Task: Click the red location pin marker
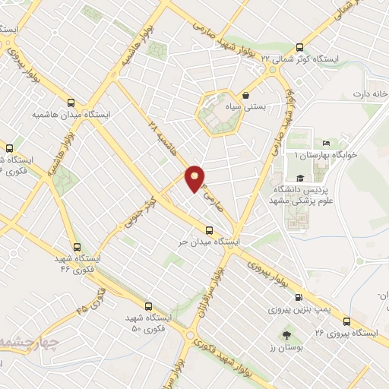pos(196,178)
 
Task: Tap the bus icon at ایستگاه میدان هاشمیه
pos(71,103)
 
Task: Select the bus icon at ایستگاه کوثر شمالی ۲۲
pos(299,46)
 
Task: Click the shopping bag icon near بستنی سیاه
pos(247,96)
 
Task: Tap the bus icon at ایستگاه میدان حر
pos(209,230)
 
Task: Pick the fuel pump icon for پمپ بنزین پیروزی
pos(299,298)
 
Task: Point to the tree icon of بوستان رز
pos(286,335)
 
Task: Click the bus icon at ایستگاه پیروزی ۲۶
pos(347,321)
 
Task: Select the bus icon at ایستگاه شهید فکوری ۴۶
pos(77,247)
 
